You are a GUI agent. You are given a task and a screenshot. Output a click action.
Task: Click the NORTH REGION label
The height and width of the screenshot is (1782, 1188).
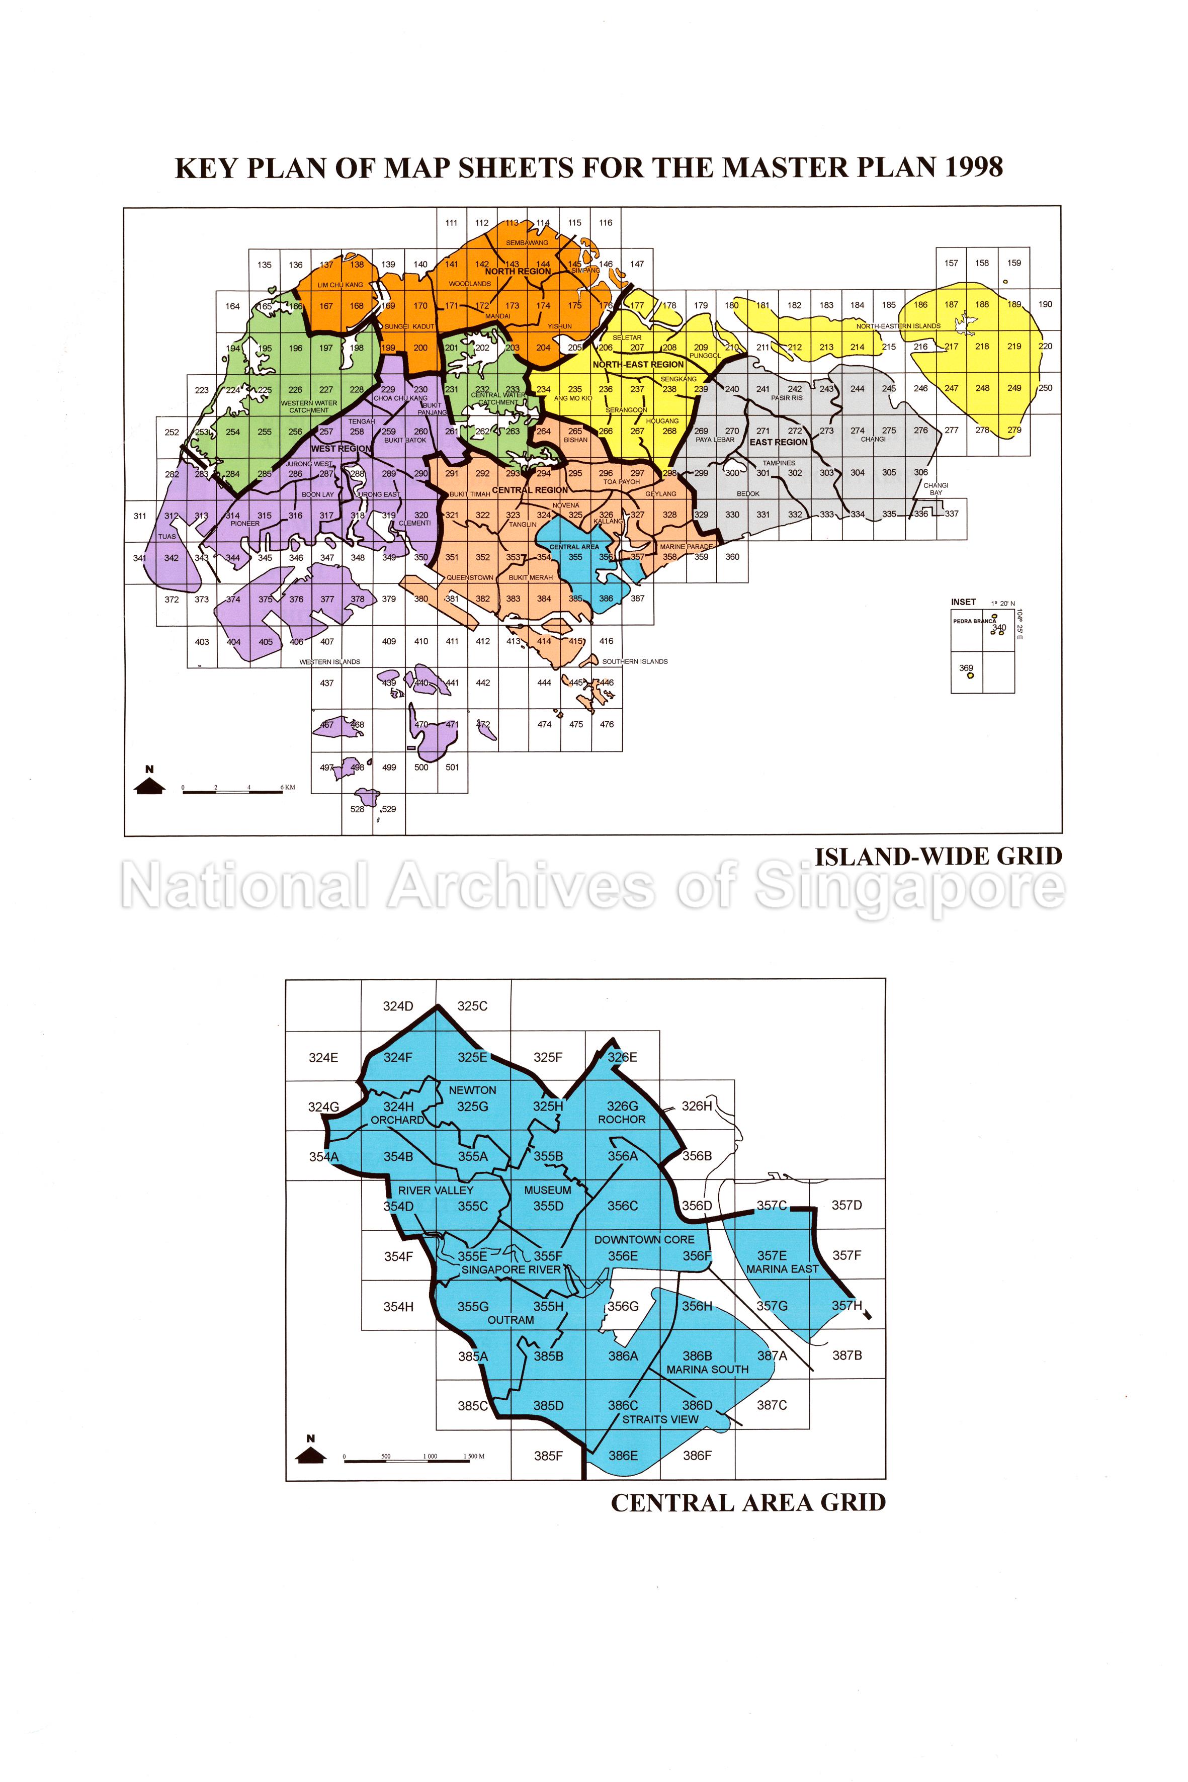518,271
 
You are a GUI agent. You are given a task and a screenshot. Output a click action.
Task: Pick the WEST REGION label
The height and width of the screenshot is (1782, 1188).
341,449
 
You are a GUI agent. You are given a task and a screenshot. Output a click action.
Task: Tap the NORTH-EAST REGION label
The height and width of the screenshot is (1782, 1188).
638,365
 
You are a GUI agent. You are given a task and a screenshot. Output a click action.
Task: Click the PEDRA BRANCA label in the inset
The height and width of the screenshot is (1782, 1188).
974,621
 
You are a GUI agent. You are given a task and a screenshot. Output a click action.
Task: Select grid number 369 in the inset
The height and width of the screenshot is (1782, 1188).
966,668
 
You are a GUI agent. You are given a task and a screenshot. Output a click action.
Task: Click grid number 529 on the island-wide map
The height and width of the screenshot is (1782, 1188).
389,809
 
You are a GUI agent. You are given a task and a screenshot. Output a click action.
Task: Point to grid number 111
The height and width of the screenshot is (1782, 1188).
452,223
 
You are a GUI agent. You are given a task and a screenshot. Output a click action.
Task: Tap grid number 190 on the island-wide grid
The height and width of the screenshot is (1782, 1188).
1046,305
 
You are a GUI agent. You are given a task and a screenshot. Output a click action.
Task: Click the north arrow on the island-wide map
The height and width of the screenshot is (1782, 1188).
149,782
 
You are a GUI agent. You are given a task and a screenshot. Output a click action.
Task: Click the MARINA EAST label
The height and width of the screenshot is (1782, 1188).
782,1269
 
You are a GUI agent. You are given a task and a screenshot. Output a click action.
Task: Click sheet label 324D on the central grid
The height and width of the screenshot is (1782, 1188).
398,1006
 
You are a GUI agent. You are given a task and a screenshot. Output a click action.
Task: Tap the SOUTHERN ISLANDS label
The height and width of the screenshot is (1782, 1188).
635,661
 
